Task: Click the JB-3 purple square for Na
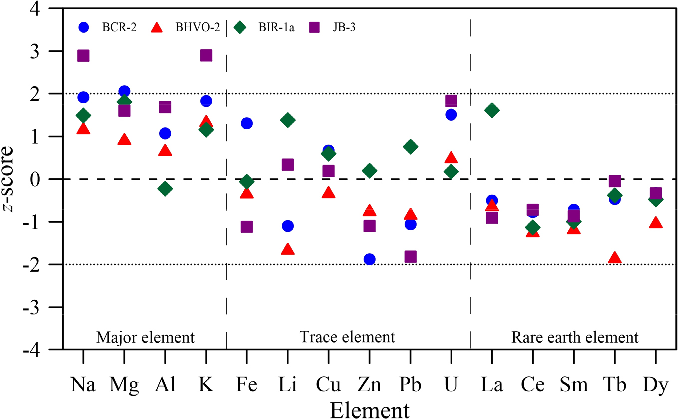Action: pyautogui.click(x=83, y=55)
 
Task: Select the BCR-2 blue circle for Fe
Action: pyautogui.click(x=247, y=123)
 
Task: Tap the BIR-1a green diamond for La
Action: pyautogui.click(x=492, y=110)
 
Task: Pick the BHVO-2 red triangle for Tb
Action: pyautogui.click(x=615, y=258)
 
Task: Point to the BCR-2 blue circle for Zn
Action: pyautogui.click(x=370, y=259)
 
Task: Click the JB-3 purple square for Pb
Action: pyautogui.click(x=411, y=257)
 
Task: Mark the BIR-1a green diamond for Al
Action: pyautogui.click(x=165, y=188)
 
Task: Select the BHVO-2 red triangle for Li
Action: pyautogui.click(x=288, y=250)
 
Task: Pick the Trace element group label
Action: pyautogui.click(x=348, y=337)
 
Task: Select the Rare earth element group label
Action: pyautogui.click(x=575, y=337)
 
